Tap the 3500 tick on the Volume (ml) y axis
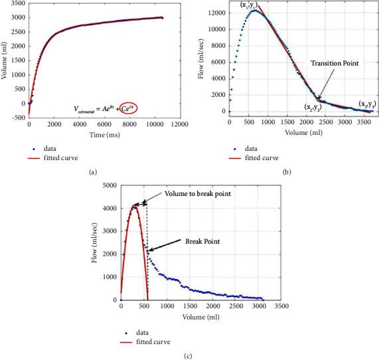(x=15, y=4)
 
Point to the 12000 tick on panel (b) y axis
(x=214, y=11)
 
